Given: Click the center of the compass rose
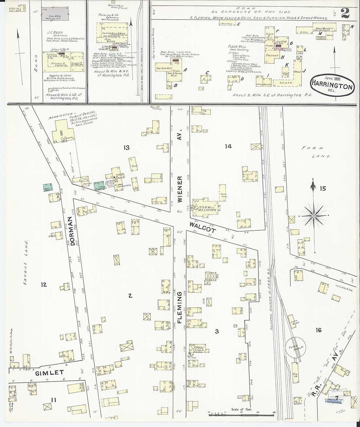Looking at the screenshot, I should pos(314,216).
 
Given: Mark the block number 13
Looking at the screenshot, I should pos(126,148).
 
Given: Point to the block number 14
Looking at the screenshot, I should pos(228,146).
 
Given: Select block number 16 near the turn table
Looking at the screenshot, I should pos(318,330).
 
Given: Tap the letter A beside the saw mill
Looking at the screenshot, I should pos(185,70).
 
